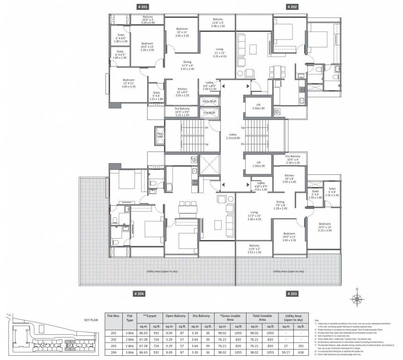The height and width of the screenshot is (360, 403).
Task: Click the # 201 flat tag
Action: (x=142, y=7)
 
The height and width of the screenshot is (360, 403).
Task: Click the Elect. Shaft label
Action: (x=209, y=101)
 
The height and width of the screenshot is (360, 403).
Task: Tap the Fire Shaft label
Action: (x=209, y=112)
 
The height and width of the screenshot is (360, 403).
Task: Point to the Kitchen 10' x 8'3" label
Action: (x=183, y=92)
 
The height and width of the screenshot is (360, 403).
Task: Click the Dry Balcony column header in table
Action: (x=200, y=316)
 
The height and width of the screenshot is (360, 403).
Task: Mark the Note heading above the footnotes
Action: (x=317, y=321)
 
